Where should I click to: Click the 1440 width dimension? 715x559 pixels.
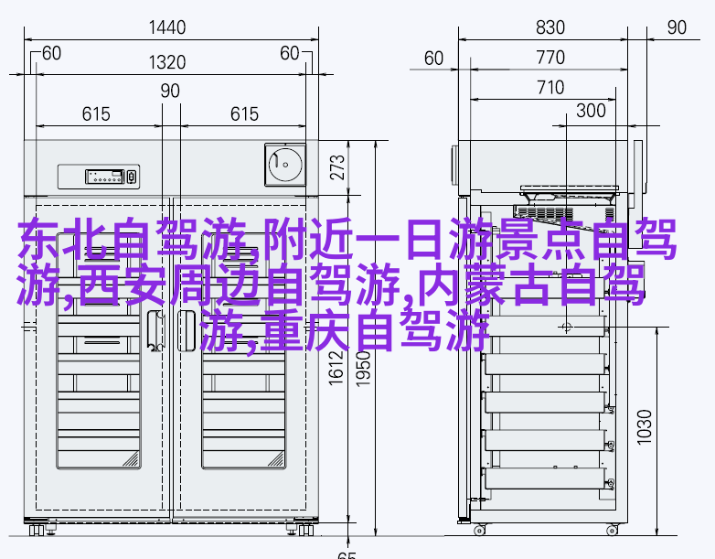pos(167,27)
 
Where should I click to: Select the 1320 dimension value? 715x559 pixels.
pos(167,62)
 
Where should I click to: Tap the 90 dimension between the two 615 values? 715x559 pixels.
pos(170,91)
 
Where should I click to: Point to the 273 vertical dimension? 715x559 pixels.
pos(337,167)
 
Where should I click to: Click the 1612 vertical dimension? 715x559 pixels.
pos(336,368)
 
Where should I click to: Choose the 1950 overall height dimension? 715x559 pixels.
pos(363,369)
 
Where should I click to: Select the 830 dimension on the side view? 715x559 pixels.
pos(550,27)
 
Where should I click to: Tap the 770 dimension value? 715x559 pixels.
pos(550,58)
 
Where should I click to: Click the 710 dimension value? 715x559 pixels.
pos(550,88)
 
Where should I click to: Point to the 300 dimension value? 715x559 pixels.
pos(591,111)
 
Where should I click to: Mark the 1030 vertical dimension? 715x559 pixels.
pos(645,427)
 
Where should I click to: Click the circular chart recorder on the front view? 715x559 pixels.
pos(285,165)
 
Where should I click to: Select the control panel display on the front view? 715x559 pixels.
pos(105,177)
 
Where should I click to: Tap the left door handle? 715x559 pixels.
pos(155,331)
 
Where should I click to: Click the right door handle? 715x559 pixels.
pos(186,331)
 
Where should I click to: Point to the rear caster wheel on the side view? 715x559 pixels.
pos(479,531)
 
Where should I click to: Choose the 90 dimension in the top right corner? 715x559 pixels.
pos(677,27)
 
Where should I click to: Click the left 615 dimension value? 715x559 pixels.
pos(96,114)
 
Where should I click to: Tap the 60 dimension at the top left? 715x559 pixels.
pos(51,53)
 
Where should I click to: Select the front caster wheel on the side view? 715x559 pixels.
pos(612,531)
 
